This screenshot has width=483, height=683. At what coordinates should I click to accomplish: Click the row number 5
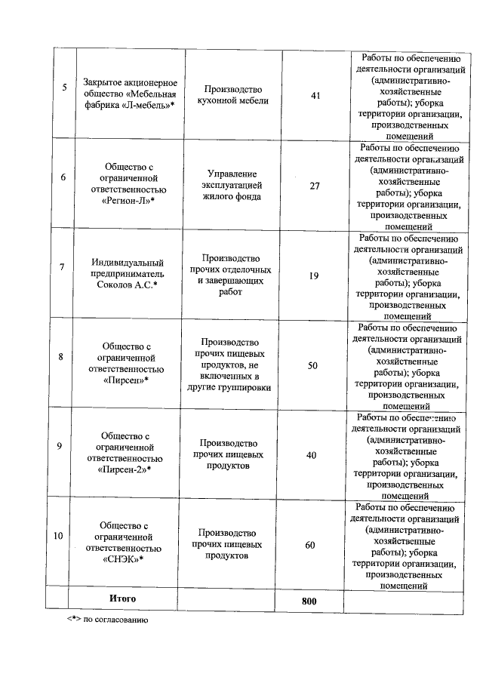pos(64,88)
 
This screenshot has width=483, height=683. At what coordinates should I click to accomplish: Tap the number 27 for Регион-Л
pos(315,185)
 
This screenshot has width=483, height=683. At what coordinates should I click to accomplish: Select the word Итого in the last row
pos(122,598)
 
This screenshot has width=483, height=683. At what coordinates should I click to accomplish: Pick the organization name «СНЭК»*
pos(122,559)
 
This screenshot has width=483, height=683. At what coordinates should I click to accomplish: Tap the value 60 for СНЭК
pos(310,545)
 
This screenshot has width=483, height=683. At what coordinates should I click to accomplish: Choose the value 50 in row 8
pos(312,365)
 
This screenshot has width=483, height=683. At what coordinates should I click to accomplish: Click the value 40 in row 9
pos(312,455)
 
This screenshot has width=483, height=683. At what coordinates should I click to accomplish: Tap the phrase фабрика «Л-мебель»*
pos(129,105)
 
